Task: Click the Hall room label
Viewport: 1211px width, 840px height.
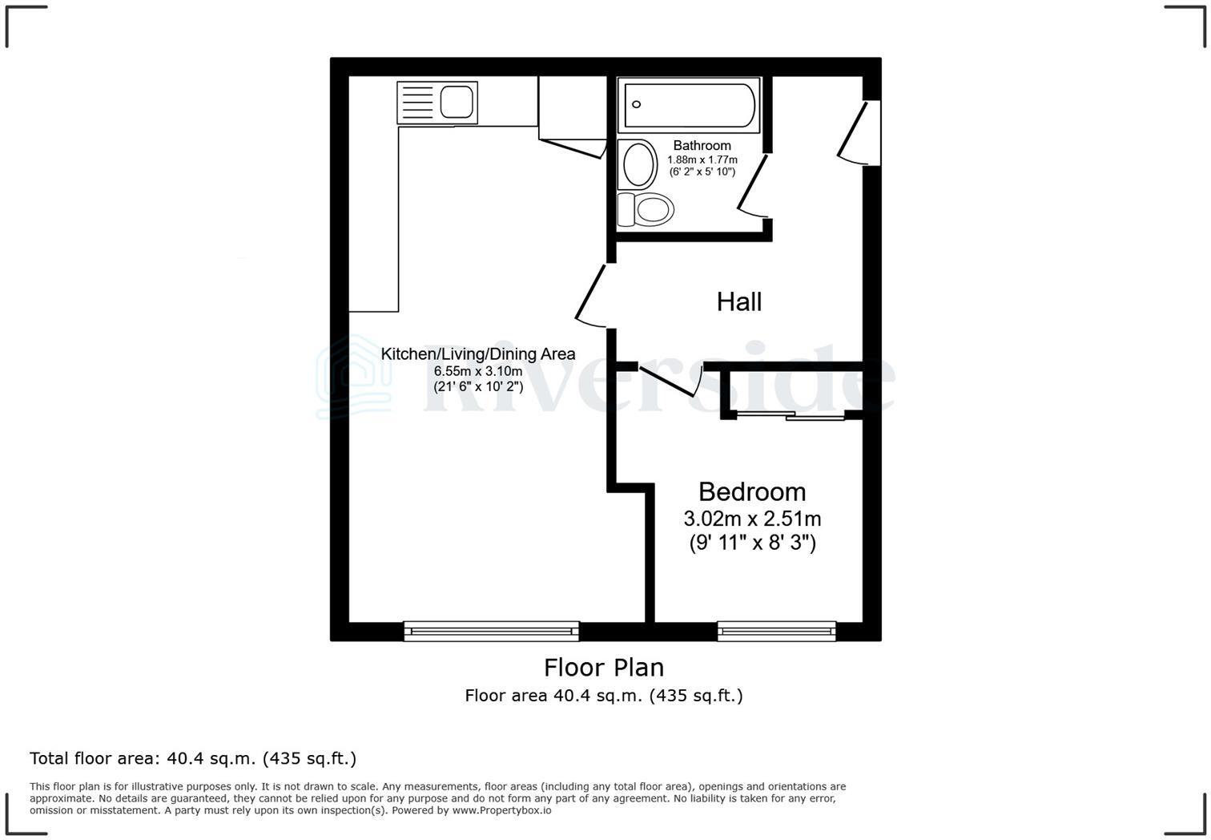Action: (738, 302)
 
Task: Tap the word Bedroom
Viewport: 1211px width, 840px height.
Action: (751, 491)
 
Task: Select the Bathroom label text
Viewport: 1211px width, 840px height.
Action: (702, 145)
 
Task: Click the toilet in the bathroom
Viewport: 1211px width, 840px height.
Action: (647, 210)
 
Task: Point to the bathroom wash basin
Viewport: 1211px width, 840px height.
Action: (638, 164)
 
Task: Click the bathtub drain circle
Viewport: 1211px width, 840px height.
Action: (638, 104)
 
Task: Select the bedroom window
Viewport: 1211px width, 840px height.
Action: (776, 632)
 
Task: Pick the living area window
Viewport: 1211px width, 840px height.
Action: (491, 632)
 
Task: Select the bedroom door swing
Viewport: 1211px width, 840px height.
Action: (671, 381)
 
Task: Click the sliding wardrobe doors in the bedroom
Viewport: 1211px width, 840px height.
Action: (790, 415)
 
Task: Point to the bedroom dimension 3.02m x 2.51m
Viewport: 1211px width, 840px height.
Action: (751, 519)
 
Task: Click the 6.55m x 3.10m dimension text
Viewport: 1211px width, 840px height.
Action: (477, 371)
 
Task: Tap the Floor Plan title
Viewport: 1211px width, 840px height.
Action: (604, 667)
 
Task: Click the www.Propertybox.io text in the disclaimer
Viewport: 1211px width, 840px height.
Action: (501, 810)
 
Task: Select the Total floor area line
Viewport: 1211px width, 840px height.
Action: (193, 758)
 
